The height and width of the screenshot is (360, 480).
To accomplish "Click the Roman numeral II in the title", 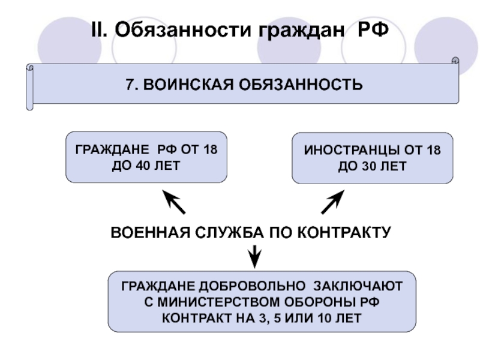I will [x=98, y=29].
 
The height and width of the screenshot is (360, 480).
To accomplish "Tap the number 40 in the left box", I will [x=143, y=166].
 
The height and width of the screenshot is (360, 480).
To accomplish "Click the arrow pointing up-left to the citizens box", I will [x=173, y=203].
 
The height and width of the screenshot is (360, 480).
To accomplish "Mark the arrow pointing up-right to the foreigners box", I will [x=333, y=202].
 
